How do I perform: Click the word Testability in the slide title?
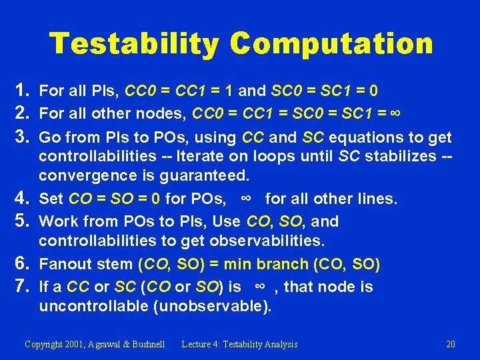tap(133, 44)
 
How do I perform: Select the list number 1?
tap(19, 89)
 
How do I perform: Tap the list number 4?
tap(19, 199)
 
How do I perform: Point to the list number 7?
tap(19, 287)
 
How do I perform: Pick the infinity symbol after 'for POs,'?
tap(245, 199)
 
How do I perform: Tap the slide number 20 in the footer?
tap(451, 344)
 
